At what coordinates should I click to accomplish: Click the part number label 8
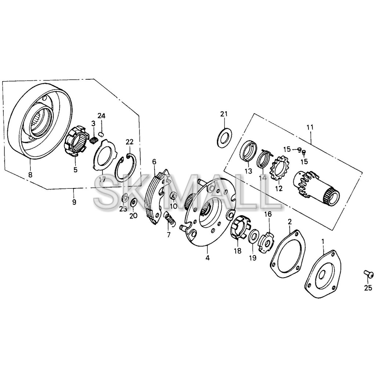pos(30,175)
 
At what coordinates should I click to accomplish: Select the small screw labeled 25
pos(368,273)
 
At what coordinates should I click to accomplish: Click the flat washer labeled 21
pos(224,138)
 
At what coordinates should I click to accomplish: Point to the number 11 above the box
pos(310,127)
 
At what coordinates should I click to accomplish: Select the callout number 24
pos(101,116)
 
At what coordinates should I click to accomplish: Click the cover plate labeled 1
pos(323,274)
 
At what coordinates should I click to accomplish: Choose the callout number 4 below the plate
pos(207,258)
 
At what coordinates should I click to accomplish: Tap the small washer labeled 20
pos(134,202)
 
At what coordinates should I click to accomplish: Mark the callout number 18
pos(238,251)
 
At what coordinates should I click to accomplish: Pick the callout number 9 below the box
pos(74,202)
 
